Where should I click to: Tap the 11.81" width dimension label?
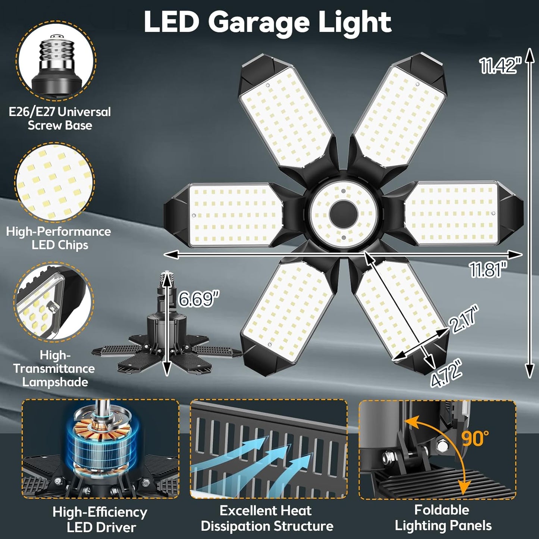click(488, 269)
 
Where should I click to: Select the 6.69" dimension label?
click(198, 298)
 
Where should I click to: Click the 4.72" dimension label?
click(447, 374)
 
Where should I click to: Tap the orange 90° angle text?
click(475, 438)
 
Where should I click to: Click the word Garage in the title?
click(258, 22)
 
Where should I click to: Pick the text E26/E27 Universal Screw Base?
click(60, 118)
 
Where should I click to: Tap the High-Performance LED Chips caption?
click(59, 238)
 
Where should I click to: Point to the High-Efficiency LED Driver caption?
click(100, 519)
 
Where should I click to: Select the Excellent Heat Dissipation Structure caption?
click(267, 518)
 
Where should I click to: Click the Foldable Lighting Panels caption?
click(443, 518)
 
